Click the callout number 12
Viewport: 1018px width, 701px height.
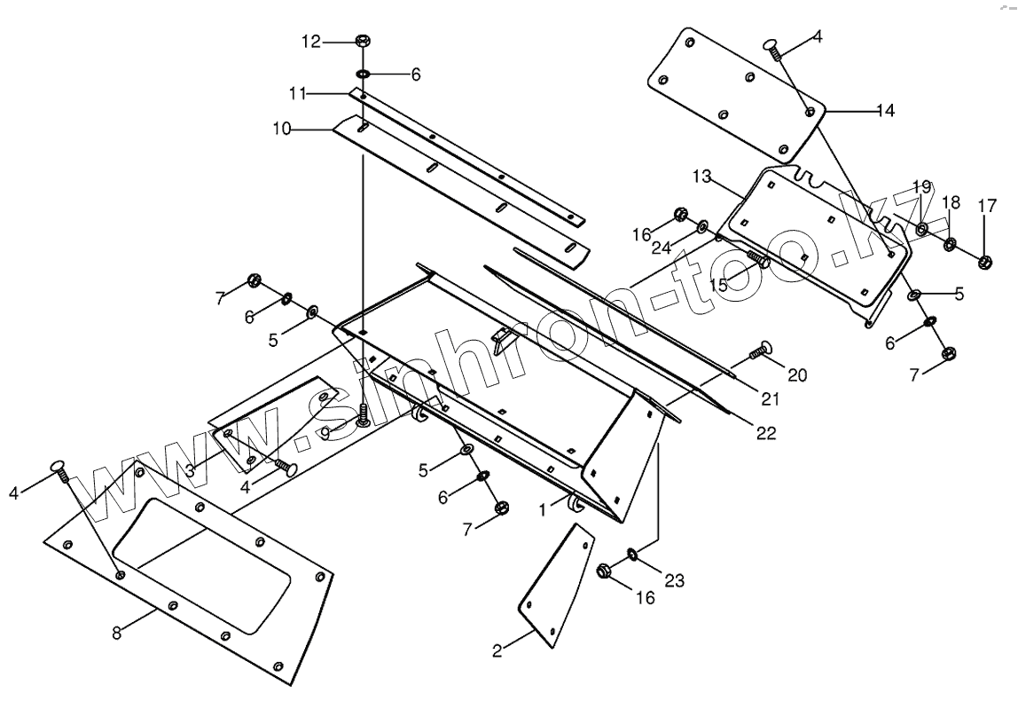pyautogui.click(x=310, y=41)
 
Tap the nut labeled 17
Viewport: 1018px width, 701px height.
pyautogui.click(x=984, y=261)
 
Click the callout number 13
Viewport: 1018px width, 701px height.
pyautogui.click(x=701, y=177)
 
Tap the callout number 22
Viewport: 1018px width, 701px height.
pyautogui.click(x=766, y=433)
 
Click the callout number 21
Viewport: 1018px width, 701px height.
pyautogui.click(x=771, y=399)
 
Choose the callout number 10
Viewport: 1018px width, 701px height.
pyautogui.click(x=282, y=130)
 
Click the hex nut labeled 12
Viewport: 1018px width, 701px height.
pyautogui.click(x=362, y=41)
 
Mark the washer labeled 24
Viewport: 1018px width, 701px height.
pyautogui.click(x=703, y=224)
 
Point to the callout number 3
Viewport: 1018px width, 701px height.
pyautogui.click(x=190, y=471)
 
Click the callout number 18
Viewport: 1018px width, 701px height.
pyautogui.click(x=951, y=203)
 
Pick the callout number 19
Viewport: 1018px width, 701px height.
pyautogui.click(x=921, y=188)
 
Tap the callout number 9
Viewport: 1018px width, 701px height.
pyautogui.click(x=325, y=432)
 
